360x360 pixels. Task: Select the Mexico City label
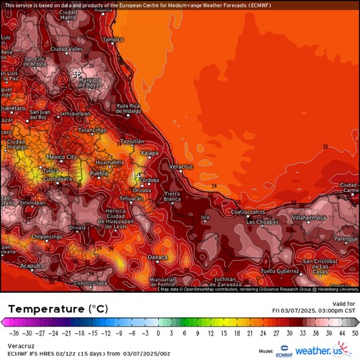[62, 157]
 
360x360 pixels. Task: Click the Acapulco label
[33, 266]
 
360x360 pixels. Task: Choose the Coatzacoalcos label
[249, 211]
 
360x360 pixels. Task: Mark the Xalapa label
[149, 153]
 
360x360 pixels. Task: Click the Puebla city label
[99, 173]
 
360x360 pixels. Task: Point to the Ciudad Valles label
[67, 49]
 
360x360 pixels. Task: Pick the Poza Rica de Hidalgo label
[130, 108]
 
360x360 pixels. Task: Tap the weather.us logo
[319, 351]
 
